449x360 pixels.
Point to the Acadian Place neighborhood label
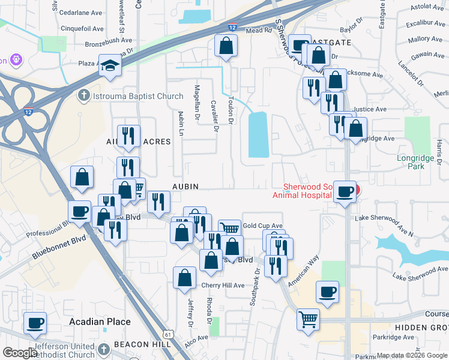(100, 322)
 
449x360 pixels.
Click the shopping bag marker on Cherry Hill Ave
(185, 277)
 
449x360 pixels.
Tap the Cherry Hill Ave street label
(223, 285)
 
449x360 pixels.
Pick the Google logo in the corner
(20, 353)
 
